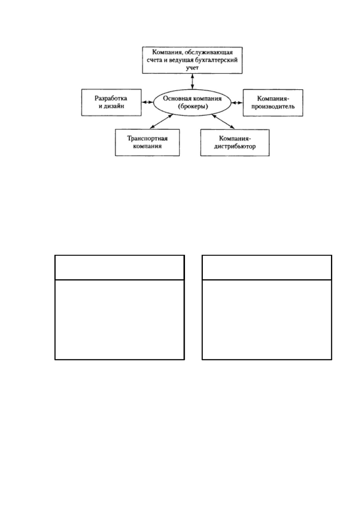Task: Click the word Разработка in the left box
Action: (111, 99)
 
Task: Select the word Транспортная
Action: (147, 138)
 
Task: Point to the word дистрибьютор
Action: (235, 146)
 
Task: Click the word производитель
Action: (273, 106)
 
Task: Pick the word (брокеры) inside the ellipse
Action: (193, 106)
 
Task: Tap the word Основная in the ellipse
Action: (174, 99)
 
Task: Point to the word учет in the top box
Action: (192, 68)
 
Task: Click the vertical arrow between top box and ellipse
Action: (192, 81)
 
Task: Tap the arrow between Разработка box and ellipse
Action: (148, 102)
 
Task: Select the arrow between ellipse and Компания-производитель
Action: (237, 103)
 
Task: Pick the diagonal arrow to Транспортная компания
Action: (161, 121)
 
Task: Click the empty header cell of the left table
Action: (119, 267)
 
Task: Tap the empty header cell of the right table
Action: (267, 267)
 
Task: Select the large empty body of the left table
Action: (119, 320)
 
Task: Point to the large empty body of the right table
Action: (267, 320)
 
